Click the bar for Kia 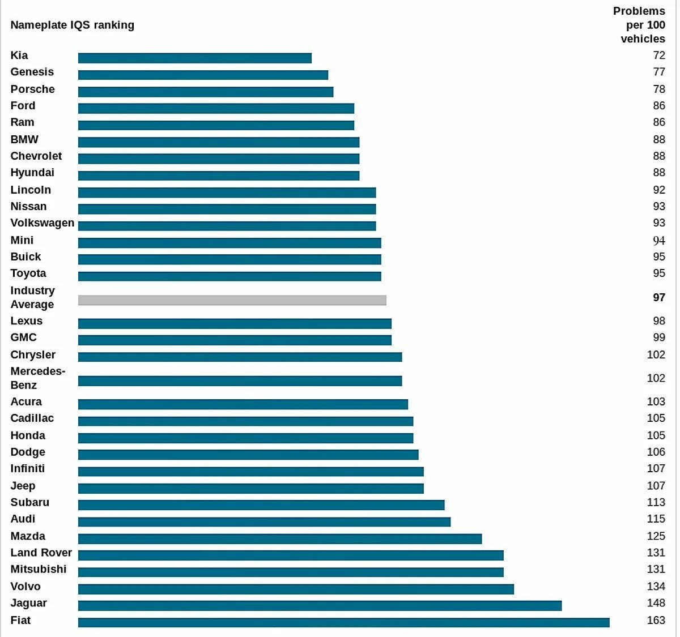tap(195, 58)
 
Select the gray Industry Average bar tap(232, 300)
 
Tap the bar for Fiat tap(344, 622)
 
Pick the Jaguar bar tap(320, 605)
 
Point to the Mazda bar tap(280, 538)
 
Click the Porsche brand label tap(33, 89)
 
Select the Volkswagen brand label tap(42, 223)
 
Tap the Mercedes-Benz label tap(38, 378)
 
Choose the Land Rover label tap(41, 553)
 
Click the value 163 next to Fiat tap(656, 620)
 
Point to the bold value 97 tap(658, 297)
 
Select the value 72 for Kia tap(658, 55)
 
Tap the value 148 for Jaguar tap(656, 603)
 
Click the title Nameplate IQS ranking tap(73, 25)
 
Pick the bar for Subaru tap(261, 505)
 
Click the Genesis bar tap(203, 75)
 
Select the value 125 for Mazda tap(656, 536)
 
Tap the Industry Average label tap(33, 297)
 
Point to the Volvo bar tap(296, 589)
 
